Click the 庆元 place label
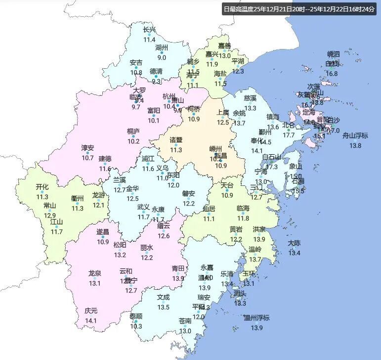pyautogui.click(x=91, y=311)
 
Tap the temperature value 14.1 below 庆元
pyautogui.click(x=91, y=321)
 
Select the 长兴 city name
pyautogui.click(x=149, y=30)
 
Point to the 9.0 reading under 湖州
pyautogui.click(x=162, y=58)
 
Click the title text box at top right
pyautogui.click(x=299, y=9)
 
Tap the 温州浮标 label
pyautogui.click(x=256, y=317)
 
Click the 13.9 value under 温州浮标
pyautogui.click(x=256, y=328)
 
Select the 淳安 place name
pyautogui.click(x=88, y=148)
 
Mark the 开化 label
pyautogui.click(x=42, y=187)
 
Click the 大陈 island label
pyautogui.click(x=294, y=243)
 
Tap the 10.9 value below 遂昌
pyautogui.click(x=103, y=242)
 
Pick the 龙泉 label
pyautogui.click(x=94, y=273)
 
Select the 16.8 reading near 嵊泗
pyautogui.click(x=332, y=74)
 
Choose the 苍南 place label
pyautogui.click(x=185, y=321)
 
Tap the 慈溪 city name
pyautogui.click(x=250, y=98)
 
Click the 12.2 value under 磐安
pyautogui.click(x=189, y=203)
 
